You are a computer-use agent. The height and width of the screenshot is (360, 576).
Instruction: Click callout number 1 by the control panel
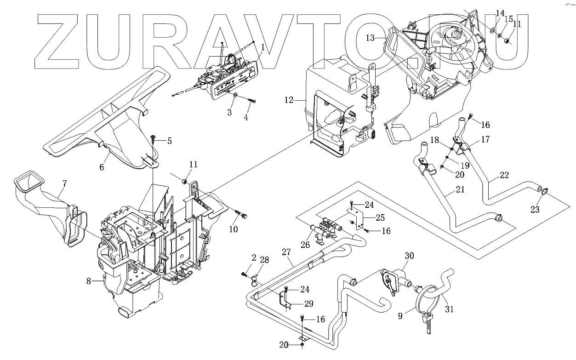tap(262, 47)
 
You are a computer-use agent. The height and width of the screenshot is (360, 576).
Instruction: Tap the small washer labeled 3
tap(235, 95)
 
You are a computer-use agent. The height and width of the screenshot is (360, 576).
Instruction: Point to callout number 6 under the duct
tap(102, 167)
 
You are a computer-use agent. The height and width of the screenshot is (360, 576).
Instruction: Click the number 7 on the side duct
tap(64, 183)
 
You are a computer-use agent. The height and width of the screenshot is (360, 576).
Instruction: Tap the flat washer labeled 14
tap(492, 30)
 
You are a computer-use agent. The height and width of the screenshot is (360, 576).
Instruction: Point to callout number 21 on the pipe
tap(460, 189)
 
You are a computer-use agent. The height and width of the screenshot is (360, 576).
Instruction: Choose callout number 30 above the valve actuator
tap(410, 256)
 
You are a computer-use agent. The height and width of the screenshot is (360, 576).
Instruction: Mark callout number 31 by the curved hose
tap(449, 309)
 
